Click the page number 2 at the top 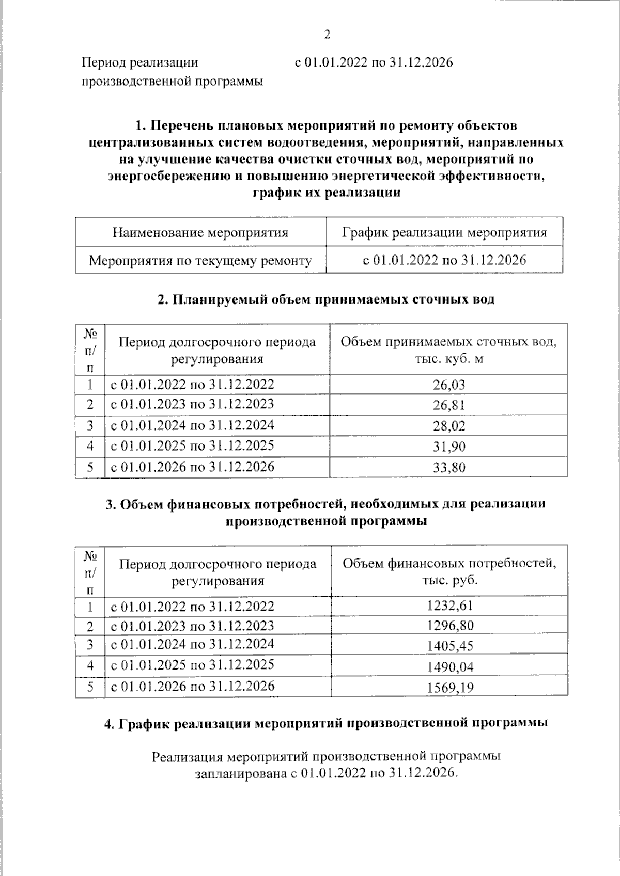click(x=327, y=35)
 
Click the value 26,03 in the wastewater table click(x=449, y=385)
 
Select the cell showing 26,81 click(x=449, y=405)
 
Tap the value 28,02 click(x=449, y=426)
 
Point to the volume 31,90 click(x=449, y=447)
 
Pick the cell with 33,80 click(x=449, y=468)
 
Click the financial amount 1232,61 click(x=450, y=606)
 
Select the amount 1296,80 click(x=450, y=626)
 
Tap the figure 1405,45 click(x=450, y=646)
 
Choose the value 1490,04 click(x=450, y=667)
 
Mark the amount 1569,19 click(x=450, y=688)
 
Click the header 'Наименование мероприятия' click(x=200, y=233)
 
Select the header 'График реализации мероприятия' click(x=444, y=233)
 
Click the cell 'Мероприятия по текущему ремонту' click(x=200, y=261)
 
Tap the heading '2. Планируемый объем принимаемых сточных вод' click(x=326, y=299)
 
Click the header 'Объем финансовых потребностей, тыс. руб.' click(x=450, y=571)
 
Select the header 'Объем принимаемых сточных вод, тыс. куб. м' click(x=448, y=350)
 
